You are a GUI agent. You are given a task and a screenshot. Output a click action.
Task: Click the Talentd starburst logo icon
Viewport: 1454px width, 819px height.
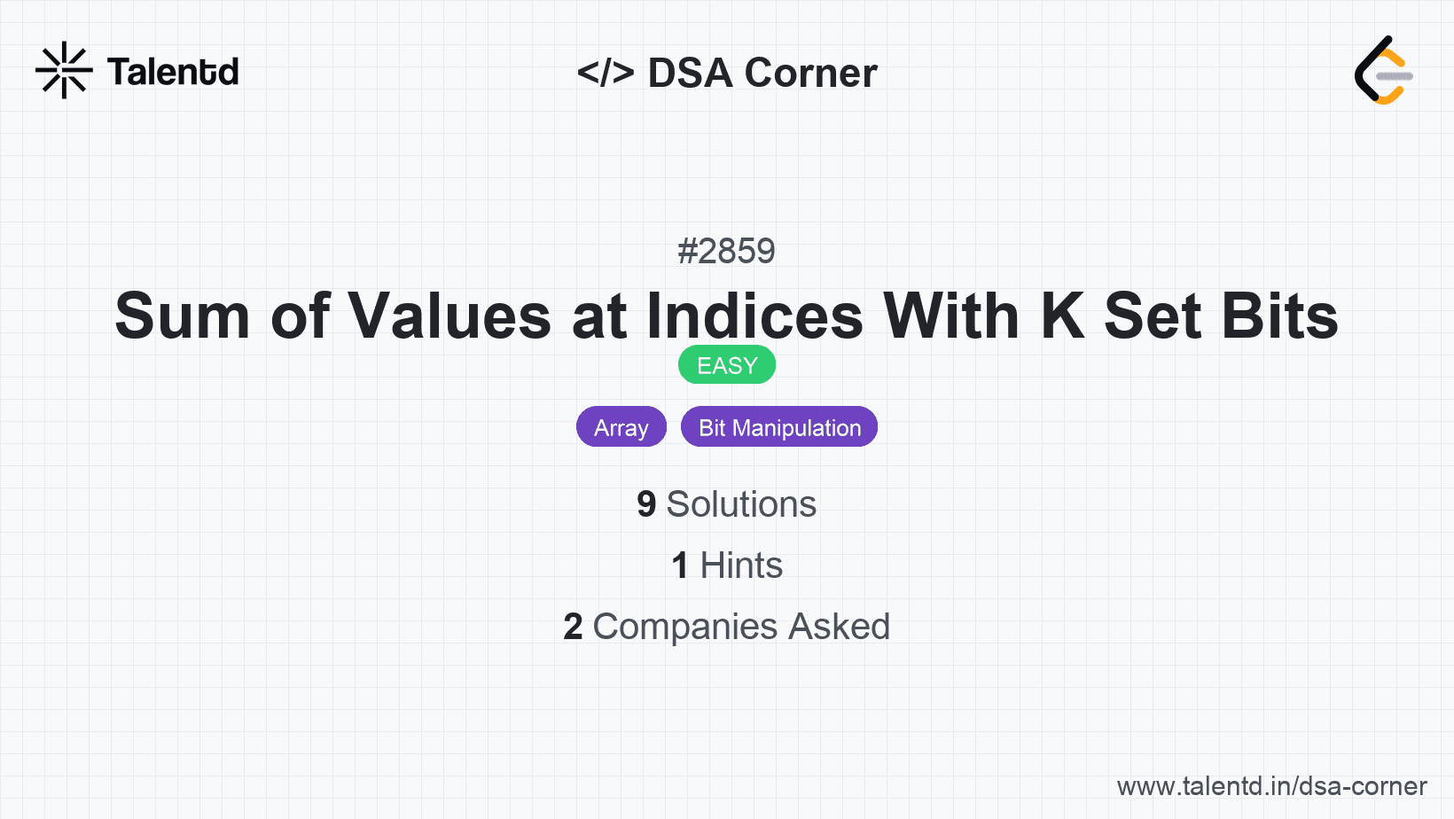64,70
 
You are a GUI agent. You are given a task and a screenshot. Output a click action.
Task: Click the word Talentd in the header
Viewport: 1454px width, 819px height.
173,72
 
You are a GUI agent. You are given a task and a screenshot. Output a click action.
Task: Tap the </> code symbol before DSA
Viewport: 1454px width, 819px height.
606,73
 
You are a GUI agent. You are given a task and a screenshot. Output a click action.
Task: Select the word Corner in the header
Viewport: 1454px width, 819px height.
810,73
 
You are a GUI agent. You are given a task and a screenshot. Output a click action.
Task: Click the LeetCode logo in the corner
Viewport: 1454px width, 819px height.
1382,71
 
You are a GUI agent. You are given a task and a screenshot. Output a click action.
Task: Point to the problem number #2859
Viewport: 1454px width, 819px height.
726,252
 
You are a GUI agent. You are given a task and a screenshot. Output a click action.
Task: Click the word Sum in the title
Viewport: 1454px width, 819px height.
183,316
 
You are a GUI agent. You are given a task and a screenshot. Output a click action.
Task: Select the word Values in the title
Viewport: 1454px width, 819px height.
449,316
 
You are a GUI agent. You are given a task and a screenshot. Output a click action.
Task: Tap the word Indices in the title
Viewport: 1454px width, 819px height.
754,316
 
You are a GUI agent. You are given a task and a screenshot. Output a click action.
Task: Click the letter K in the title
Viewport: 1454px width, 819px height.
1062,316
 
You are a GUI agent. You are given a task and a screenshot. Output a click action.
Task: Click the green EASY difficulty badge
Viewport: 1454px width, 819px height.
726,365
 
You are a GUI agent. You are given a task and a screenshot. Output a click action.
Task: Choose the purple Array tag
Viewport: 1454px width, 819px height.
621,427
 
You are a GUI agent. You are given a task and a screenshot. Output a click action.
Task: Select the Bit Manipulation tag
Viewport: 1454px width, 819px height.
779,427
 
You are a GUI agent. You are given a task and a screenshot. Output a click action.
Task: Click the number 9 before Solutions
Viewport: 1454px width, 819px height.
646,504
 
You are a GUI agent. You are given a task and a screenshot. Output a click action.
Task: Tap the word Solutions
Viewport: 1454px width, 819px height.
741,504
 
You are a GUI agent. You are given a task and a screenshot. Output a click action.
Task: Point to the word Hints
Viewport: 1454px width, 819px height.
741,565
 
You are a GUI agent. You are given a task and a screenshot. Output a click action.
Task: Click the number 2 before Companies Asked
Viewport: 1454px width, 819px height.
573,627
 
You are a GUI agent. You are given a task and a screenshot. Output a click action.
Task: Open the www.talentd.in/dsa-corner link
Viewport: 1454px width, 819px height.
1271,786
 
